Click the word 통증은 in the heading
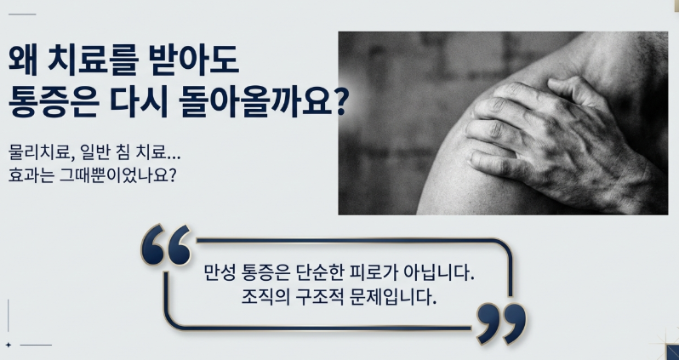click(53, 102)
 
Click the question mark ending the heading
click(339, 102)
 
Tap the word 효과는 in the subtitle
click(29, 175)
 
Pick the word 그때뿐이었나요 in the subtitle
click(114, 175)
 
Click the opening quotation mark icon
click(166, 245)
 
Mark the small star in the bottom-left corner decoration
click(9, 345)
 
